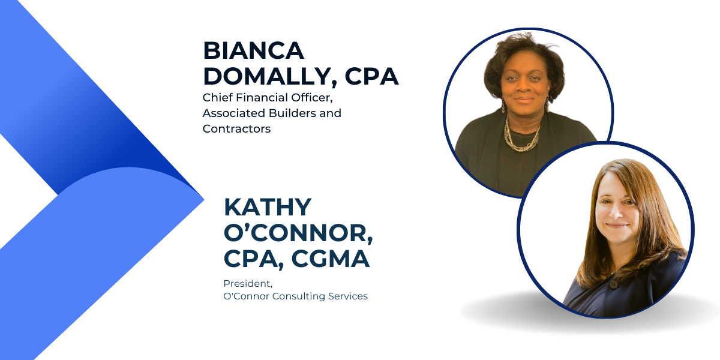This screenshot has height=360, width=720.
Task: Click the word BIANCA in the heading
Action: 253,50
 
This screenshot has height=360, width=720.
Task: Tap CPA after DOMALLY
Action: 371,76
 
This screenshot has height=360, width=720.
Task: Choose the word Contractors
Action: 236,129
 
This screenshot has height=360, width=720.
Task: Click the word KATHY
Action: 268,207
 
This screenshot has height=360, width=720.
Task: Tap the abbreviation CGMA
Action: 331,259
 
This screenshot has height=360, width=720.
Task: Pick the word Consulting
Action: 299,296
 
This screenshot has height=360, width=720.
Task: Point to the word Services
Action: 348,296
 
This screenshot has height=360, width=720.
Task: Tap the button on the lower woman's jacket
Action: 614,284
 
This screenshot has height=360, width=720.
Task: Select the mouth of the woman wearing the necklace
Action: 524,100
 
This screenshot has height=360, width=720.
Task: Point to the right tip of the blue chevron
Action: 204,200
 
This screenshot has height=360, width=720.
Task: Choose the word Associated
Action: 233,113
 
